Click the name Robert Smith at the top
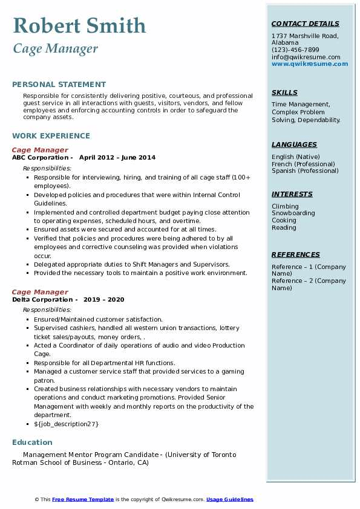click(x=79, y=25)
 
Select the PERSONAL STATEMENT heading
click(x=59, y=85)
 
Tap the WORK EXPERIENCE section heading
click(x=51, y=136)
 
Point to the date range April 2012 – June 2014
click(x=117, y=158)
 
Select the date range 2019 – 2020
click(x=103, y=300)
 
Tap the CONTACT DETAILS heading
click(x=306, y=24)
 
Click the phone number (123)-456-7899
click(x=295, y=50)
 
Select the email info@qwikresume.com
click(x=306, y=57)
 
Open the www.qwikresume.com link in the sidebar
click(x=310, y=63)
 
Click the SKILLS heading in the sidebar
click(x=284, y=93)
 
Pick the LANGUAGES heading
click(x=294, y=145)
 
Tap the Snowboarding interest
click(x=293, y=213)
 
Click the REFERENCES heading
click(x=295, y=255)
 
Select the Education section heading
click(x=32, y=443)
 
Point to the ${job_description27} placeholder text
click(x=66, y=424)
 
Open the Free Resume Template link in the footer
click(x=83, y=499)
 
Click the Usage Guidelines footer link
click(x=229, y=499)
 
